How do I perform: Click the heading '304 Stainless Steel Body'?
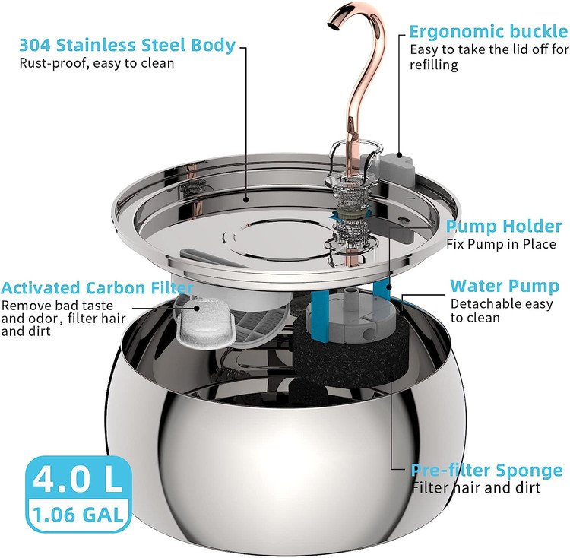[x=127, y=46]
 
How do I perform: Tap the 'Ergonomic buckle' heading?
[x=489, y=32]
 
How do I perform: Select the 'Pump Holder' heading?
[x=504, y=227]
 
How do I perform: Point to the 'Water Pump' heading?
[x=505, y=286]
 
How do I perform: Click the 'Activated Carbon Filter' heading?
[x=97, y=288]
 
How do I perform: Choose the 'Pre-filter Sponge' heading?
[x=486, y=470]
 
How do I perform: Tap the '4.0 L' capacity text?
[x=78, y=478]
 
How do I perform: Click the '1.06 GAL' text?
[x=78, y=515]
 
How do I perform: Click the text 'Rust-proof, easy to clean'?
[x=97, y=63]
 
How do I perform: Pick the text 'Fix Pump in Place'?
[x=501, y=244]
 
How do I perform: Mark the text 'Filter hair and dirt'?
[x=476, y=487]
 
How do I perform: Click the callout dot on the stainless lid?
[x=246, y=199]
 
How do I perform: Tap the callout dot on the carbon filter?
[x=198, y=308]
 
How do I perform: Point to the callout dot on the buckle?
[x=400, y=155]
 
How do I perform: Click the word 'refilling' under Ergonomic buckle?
[x=434, y=65]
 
